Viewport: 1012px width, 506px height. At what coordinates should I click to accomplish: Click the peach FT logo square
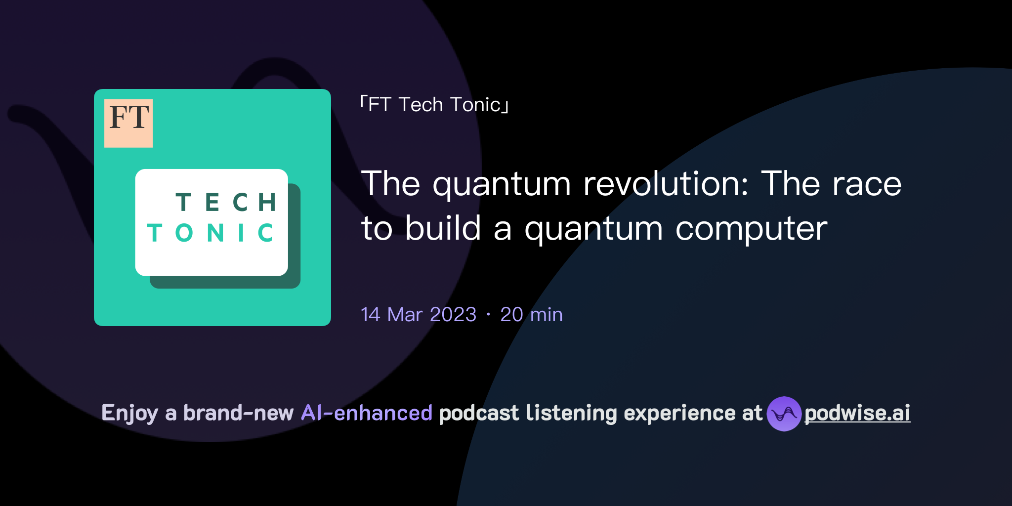click(128, 123)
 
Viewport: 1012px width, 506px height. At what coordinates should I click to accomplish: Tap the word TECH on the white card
click(226, 203)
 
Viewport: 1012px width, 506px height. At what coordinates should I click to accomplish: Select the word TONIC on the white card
click(211, 233)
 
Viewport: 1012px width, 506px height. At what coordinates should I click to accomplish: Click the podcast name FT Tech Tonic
click(434, 105)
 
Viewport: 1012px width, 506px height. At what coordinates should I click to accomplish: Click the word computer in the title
click(751, 229)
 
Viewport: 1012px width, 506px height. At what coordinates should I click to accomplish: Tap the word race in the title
click(867, 184)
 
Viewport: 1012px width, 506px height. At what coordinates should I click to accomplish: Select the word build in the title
click(443, 229)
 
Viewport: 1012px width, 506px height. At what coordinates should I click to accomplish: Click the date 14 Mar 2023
click(419, 315)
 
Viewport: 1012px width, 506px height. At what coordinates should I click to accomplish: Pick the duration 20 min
click(531, 315)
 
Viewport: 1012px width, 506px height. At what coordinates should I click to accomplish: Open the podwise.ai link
click(857, 413)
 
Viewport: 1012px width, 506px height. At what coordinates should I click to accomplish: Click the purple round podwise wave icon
click(784, 414)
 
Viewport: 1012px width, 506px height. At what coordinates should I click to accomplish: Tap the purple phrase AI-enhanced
click(367, 413)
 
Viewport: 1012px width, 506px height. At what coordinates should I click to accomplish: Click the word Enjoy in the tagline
click(129, 413)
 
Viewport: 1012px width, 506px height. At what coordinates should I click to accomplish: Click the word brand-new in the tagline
click(238, 413)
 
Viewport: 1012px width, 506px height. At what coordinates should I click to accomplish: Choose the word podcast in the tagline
click(479, 413)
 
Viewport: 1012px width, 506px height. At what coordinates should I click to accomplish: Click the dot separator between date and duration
click(488, 315)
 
